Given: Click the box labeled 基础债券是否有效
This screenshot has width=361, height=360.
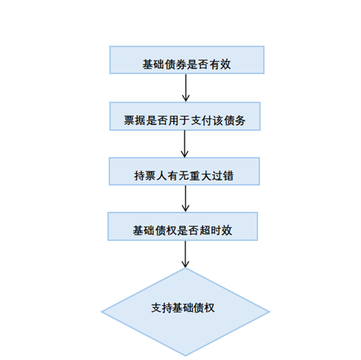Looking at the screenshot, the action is point(187,60).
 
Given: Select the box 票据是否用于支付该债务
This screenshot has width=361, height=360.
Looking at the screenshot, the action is point(185,116).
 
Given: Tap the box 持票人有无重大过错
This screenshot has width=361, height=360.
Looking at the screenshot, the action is point(184,171).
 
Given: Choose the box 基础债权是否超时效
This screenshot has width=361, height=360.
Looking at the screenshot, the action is point(182,226).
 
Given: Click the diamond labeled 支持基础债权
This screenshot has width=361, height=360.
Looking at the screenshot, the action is point(186,312).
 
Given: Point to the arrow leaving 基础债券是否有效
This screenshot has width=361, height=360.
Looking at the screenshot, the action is point(186,88).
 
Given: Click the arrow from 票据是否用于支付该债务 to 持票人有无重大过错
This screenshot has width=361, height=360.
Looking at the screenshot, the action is point(184,144).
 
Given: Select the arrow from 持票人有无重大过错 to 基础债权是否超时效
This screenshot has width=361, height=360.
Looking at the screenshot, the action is point(186,199).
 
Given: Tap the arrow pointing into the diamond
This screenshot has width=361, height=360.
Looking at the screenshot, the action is point(185,254).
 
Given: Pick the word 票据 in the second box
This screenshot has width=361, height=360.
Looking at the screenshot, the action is point(135,120).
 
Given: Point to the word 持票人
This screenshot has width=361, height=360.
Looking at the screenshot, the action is point(151,176).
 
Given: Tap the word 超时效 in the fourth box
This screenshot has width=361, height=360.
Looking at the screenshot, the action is point(215,230).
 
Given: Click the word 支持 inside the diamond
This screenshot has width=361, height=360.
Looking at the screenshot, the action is point(162,308).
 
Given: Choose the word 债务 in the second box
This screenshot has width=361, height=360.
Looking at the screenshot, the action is point(235,120).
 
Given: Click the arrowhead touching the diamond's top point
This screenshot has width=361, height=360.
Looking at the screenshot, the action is point(185,264).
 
